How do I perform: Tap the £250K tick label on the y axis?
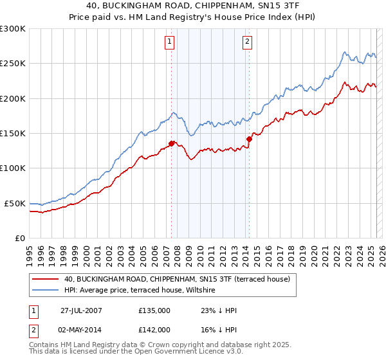coord(13,64)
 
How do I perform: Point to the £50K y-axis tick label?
coord(15,203)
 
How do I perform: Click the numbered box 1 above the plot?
coord(169,42)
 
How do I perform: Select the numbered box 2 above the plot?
coord(248,42)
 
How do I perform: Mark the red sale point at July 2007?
coord(172,143)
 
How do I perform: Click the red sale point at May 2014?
coord(249,138)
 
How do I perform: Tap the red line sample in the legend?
coord(45,279)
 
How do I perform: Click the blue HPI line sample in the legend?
coord(45,291)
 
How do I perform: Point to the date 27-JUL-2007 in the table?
coord(81,310)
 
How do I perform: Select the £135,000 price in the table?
coord(154,310)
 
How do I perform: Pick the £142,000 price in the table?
coord(154,329)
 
